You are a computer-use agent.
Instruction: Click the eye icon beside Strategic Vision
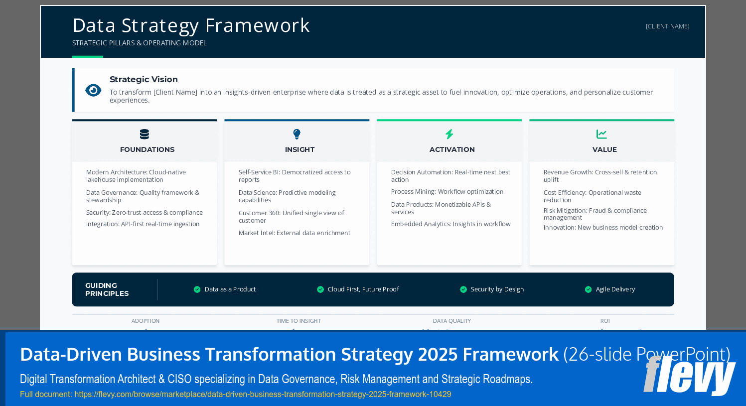[x=93, y=90]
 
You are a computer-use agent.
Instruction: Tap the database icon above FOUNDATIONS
[x=145, y=134]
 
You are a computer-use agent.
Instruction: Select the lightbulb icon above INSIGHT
[x=297, y=134]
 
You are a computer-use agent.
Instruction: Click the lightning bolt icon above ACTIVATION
[x=449, y=134]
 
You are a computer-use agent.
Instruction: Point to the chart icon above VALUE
[x=601, y=134]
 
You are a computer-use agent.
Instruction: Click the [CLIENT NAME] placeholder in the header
[x=667, y=26]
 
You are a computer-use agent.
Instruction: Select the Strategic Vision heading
[x=144, y=79]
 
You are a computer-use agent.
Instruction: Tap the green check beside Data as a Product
[x=197, y=289]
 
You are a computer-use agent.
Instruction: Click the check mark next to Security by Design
[x=463, y=289]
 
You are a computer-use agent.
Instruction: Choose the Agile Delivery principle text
[x=615, y=289]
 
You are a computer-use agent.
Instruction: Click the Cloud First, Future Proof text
[x=363, y=289]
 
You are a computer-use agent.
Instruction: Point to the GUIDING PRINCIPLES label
[x=107, y=289]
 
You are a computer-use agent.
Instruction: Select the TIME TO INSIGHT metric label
[x=298, y=321]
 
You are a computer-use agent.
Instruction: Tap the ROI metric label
[x=604, y=321]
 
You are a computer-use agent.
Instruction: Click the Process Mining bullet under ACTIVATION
[x=447, y=192]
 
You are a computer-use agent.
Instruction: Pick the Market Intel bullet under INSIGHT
[x=294, y=233]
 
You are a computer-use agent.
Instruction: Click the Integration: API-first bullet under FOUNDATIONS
[x=143, y=224]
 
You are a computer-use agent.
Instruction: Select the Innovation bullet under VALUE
[x=603, y=228]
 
